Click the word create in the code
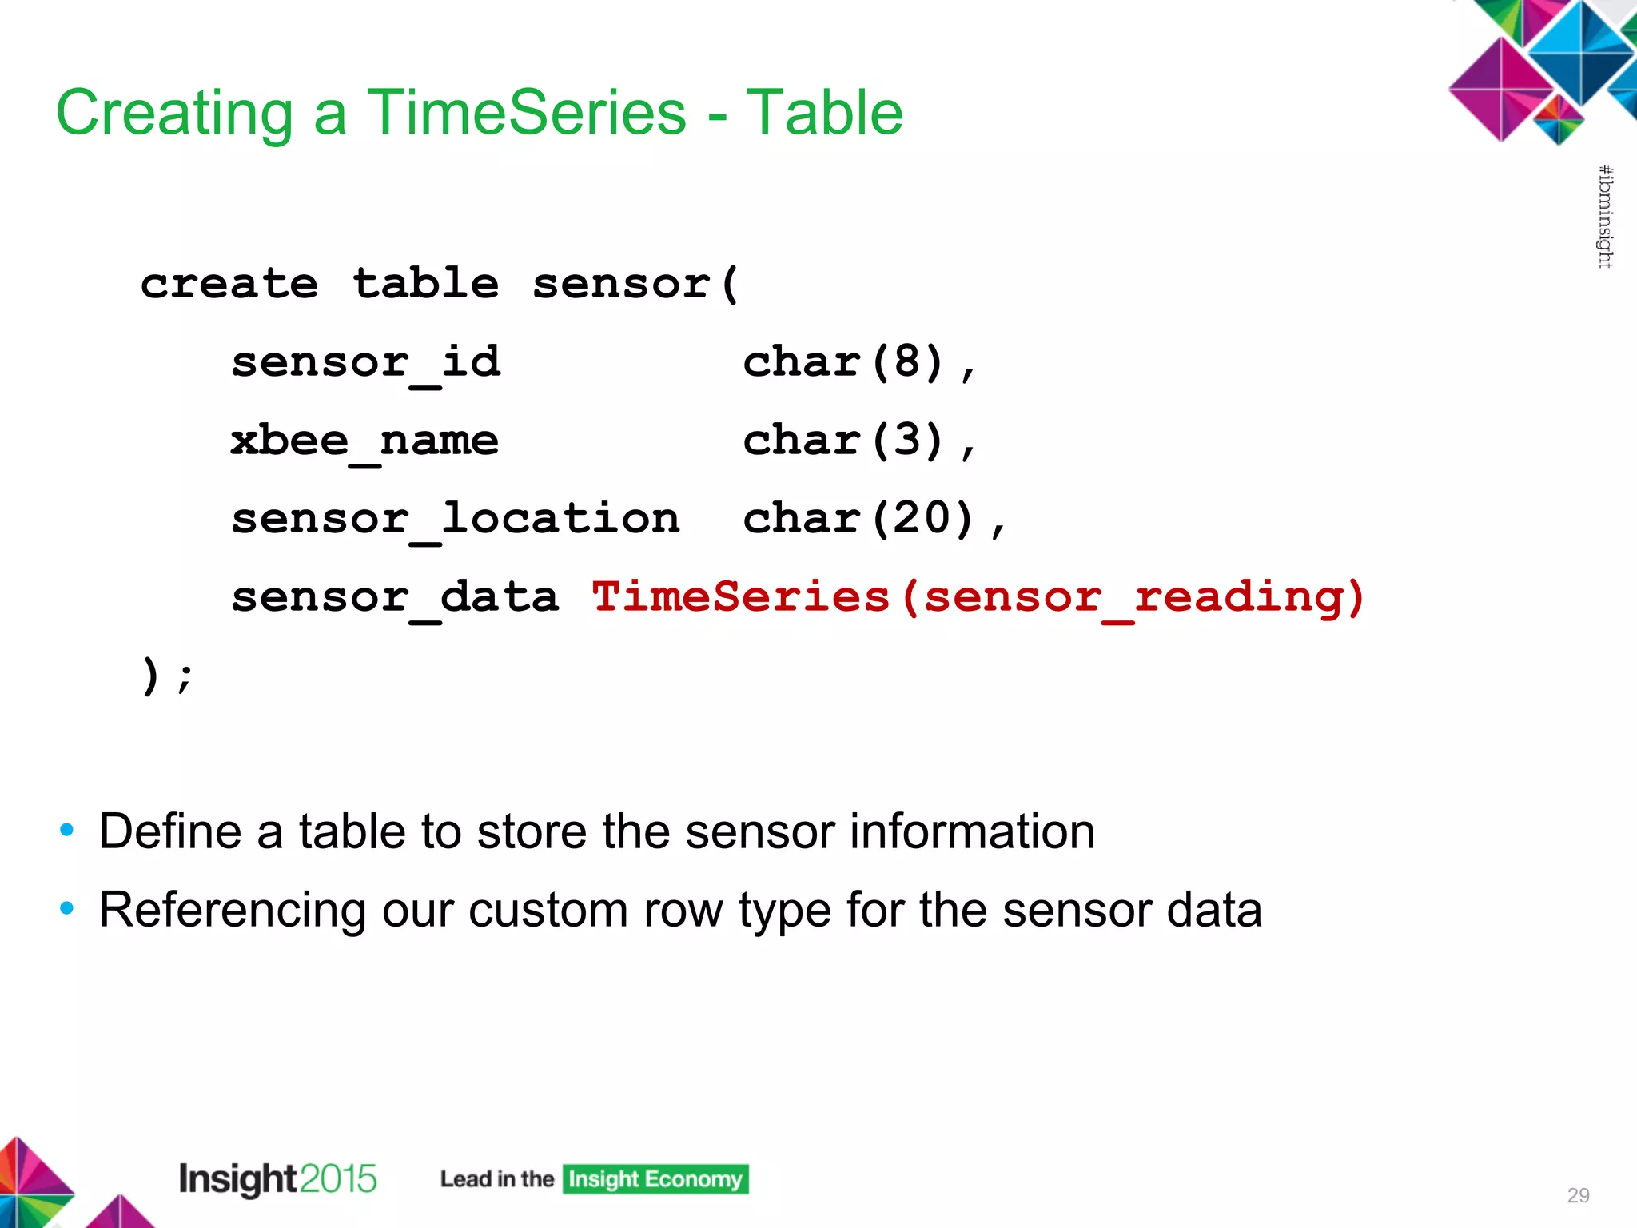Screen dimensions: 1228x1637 [229, 284]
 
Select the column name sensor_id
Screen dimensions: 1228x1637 [366, 362]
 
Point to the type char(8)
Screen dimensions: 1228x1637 [844, 362]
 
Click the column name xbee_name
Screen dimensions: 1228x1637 [364, 441]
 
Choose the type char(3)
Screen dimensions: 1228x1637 [844, 441]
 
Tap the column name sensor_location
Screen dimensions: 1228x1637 [456, 519]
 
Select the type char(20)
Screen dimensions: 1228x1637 [859, 519]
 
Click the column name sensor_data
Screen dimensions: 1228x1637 [395, 597]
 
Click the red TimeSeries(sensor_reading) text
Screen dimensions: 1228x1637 [978, 597]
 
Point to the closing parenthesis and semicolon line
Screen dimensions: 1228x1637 [166, 676]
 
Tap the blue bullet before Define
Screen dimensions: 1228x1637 [67, 831]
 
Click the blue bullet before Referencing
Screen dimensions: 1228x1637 [67, 909]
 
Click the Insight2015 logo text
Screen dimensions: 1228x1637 [277, 1178]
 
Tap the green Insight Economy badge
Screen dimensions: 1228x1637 [655, 1179]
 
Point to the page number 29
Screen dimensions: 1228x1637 [1578, 1195]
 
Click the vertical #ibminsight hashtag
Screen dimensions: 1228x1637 [1605, 217]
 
